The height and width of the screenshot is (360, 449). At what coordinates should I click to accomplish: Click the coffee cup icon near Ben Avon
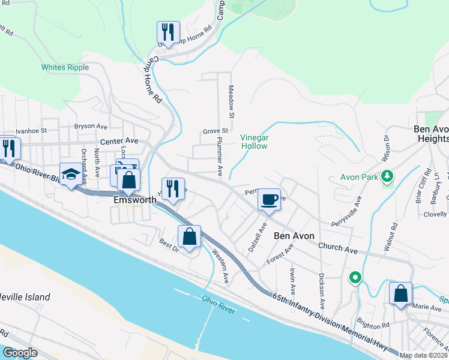click(x=269, y=199)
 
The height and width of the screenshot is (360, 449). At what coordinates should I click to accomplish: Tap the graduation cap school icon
click(x=71, y=175)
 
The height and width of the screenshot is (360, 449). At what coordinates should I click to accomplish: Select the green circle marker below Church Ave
click(x=355, y=278)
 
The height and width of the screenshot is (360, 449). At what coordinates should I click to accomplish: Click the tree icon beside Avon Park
click(x=388, y=176)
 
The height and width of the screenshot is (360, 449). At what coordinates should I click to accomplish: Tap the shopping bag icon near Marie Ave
click(x=400, y=293)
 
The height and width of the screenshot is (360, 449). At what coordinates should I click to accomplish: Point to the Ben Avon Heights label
click(x=431, y=133)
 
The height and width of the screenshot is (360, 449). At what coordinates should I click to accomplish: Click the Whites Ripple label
click(x=65, y=68)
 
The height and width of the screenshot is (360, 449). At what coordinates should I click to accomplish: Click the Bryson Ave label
click(x=90, y=127)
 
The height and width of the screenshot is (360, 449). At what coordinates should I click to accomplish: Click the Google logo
click(x=20, y=353)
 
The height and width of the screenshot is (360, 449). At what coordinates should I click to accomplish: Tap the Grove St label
click(x=215, y=130)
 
